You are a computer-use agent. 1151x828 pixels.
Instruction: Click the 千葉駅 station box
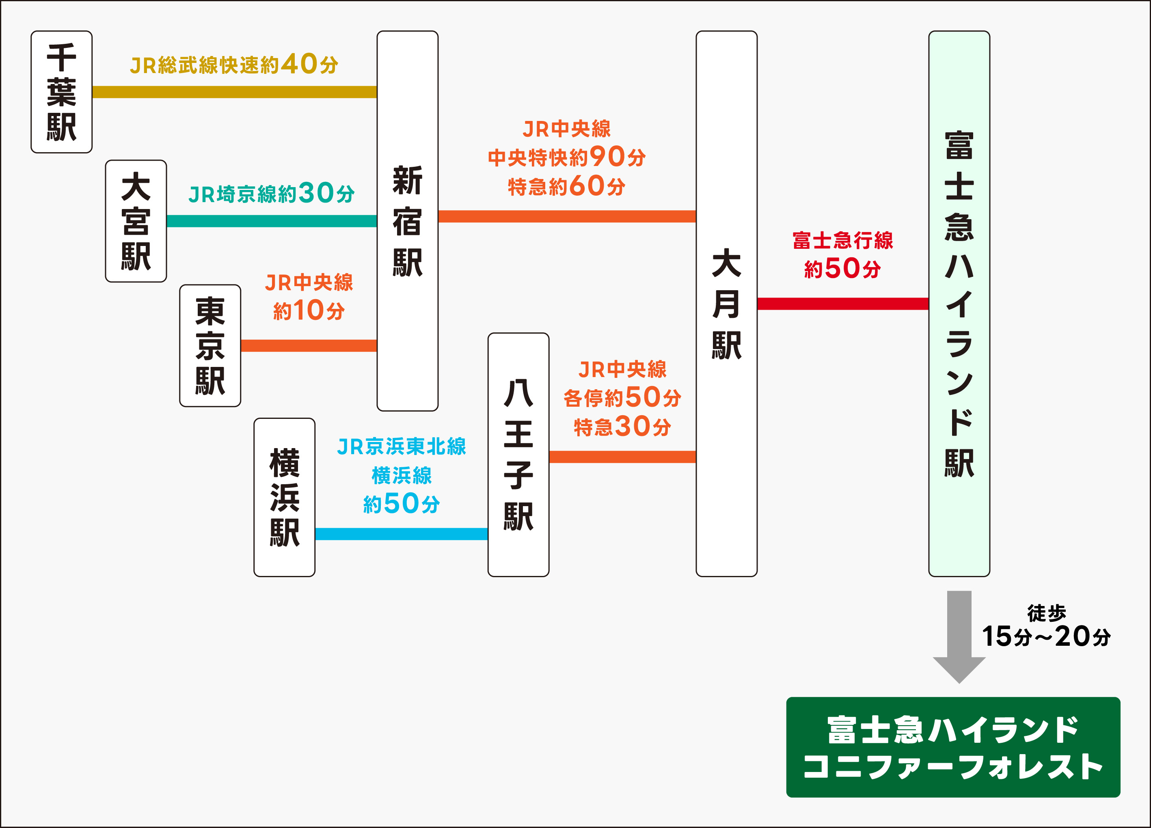(61, 92)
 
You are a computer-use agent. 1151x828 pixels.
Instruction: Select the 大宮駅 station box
(136, 221)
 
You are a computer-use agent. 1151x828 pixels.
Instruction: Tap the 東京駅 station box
(210, 345)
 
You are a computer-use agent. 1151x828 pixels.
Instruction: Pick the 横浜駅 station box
(284, 497)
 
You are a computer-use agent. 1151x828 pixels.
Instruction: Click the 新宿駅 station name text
(407, 221)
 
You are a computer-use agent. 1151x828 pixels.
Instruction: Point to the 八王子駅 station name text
(518, 455)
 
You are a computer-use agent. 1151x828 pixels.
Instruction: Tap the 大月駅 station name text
(726, 304)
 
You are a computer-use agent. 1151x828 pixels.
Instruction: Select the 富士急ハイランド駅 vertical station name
(959, 304)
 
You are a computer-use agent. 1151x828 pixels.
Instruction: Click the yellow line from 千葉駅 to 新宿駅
(234, 92)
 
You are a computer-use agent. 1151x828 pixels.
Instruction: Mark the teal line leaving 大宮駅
(272, 221)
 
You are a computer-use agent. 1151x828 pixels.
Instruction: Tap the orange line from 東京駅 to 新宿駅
(309, 345)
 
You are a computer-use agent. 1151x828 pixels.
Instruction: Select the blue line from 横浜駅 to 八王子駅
(401, 534)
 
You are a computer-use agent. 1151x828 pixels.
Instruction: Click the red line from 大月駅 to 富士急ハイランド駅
(842, 304)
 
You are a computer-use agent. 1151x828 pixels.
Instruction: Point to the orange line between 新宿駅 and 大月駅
(566, 216)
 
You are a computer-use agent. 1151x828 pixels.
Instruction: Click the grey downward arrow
(959, 634)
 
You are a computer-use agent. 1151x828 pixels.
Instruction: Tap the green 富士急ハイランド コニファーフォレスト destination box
(952, 747)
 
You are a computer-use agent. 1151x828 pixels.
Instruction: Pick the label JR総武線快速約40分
(234, 65)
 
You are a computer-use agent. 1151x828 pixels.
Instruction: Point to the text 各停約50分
(622, 397)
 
